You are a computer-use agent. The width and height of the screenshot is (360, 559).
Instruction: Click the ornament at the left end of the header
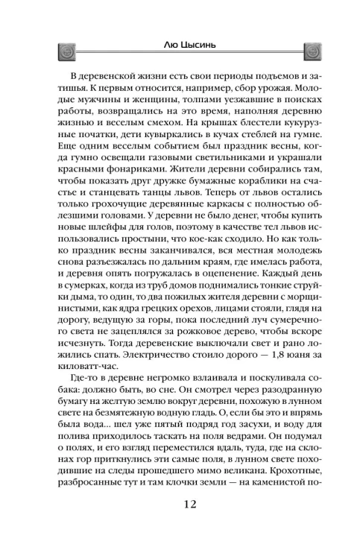[x=63, y=51]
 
